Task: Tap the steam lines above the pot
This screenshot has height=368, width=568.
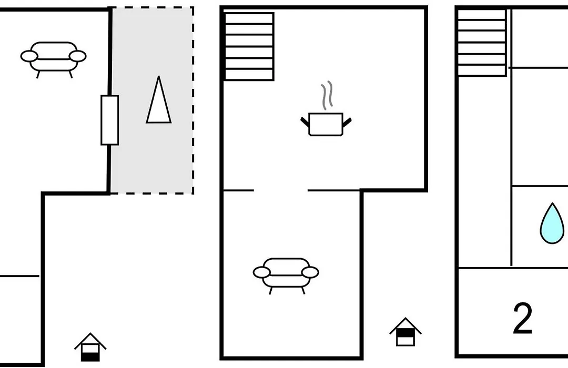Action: coord(327,95)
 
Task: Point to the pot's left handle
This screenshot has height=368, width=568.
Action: coord(305,121)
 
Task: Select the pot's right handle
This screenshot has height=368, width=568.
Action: coord(347,122)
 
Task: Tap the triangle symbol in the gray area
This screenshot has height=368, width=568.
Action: coord(159,99)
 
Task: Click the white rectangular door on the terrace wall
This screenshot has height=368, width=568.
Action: coord(110,120)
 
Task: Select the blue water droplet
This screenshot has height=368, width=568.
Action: coord(552,223)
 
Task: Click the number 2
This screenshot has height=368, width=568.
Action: coord(522,319)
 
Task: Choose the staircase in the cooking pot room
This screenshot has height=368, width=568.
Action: coord(249,46)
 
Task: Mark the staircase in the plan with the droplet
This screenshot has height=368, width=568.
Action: coord(482,43)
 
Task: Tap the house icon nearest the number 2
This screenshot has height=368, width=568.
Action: coord(405,332)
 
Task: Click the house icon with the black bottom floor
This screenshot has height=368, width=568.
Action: coord(90,347)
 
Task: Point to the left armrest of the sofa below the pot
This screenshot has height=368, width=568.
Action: coord(261,272)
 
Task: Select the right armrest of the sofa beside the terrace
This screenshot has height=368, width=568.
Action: coord(77,56)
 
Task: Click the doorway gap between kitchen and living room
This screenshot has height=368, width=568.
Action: coord(281,190)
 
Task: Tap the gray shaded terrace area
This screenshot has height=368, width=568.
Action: coord(152,100)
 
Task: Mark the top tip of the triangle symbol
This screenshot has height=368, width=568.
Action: coord(159,76)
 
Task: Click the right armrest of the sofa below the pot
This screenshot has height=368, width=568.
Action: coord(310,272)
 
